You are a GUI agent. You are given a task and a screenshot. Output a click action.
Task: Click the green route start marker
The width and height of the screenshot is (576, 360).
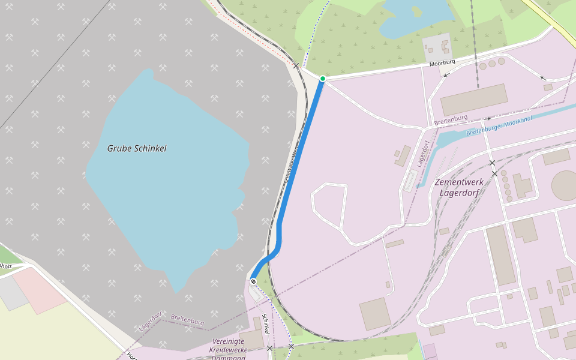coord(322,79)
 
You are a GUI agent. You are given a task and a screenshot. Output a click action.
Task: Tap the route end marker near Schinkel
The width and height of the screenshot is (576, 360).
coord(253,281)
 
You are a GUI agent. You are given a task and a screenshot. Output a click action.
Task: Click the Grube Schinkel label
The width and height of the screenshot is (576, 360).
coord(137,148)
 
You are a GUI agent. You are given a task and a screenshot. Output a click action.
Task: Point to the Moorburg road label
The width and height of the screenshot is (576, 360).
coord(442,62)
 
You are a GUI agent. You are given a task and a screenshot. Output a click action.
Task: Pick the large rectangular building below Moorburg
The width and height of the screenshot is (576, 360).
coord(474,100)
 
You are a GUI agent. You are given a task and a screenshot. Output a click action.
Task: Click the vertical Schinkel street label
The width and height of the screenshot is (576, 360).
coord(265,324)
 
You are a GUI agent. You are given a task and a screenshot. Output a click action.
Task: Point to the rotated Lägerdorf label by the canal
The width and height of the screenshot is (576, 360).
coord(422,154)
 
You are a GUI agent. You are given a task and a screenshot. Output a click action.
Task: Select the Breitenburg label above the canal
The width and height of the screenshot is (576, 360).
coord(451,121)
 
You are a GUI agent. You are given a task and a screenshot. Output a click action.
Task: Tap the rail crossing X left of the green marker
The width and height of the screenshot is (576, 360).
coord(296,65)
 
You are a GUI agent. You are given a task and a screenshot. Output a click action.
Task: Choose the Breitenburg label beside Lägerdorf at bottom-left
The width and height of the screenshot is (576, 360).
coord(187,319)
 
